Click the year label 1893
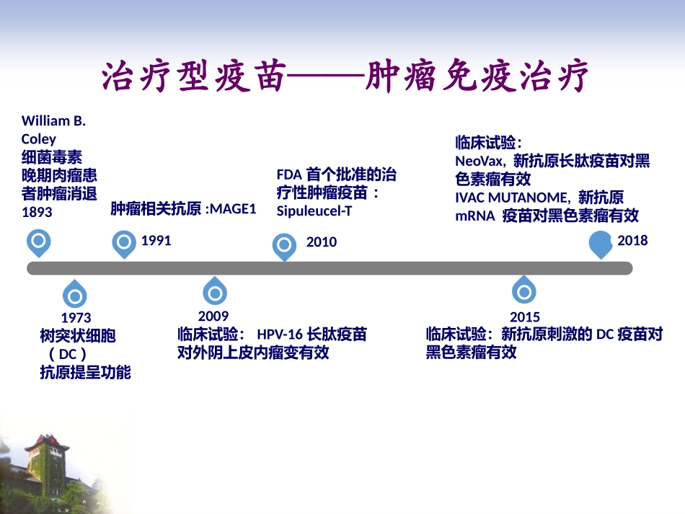[x=37, y=213]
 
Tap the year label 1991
[x=156, y=241]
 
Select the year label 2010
[x=322, y=242]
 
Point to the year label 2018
[x=632, y=241]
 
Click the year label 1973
[x=76, y=318]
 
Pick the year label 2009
[x=213, y=316]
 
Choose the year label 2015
[x=524, y=317]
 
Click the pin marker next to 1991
[x=125, y=243]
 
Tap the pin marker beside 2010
[x=285, y=246]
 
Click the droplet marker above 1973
[x=74, y=294]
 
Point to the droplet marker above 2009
[x=215, y=292]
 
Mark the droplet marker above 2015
[x=524, y=291]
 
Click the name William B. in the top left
[x=53, y=121]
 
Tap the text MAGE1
[x=233, y=210]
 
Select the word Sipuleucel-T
[x=314, y=211]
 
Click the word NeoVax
[x=479, y=161]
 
